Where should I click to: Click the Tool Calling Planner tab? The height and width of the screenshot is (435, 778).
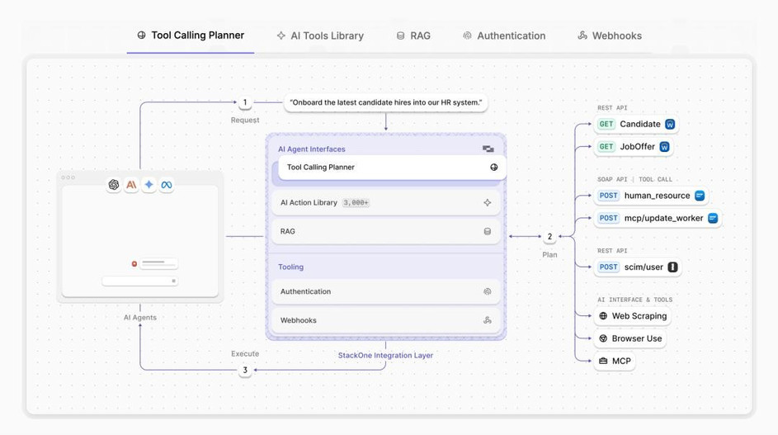point(191,35)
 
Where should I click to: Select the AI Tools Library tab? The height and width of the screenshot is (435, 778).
point(320,35)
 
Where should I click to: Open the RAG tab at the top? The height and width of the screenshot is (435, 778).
point(413,35)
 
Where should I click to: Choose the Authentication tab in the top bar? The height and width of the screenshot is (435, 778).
point(504,35)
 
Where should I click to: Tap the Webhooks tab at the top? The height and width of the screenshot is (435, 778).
point(610,35)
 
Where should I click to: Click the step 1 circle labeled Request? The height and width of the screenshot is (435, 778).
point(244,102)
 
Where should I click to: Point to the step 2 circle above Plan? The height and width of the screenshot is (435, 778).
point(549,236)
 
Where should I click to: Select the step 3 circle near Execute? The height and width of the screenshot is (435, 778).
point(244,370)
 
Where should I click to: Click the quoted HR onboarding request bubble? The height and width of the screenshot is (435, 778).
point(385,103)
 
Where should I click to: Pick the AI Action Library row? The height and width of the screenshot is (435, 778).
point(386,202)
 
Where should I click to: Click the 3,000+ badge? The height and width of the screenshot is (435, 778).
point(356,202)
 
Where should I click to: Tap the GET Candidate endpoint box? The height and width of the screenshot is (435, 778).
point(636,124)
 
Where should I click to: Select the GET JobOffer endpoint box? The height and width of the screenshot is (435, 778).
point(634,146)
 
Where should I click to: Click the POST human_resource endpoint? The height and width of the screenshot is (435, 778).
point(651,196)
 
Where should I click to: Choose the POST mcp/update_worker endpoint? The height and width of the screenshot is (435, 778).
point(658,218)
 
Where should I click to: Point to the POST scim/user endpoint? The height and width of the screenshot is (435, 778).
point(638,267)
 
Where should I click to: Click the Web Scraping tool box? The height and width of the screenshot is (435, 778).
point(633,316)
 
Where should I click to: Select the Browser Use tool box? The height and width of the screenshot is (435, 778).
point(630,338)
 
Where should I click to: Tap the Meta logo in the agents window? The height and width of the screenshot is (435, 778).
point(167,185)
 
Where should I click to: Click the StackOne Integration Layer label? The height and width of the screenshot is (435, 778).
point(385,356)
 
